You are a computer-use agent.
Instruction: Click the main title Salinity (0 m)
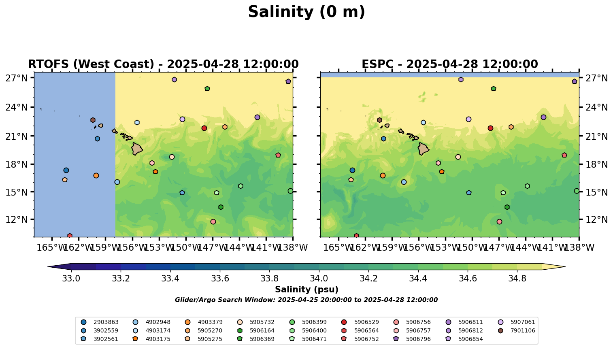click(x=306, y=12)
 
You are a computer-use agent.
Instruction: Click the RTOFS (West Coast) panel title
click(x=163, y=64)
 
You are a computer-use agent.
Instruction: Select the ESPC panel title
click(x=449, y=64)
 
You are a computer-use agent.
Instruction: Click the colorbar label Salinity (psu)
click(x=306, y=290)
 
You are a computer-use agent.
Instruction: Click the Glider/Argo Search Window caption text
click(x=306, y=300)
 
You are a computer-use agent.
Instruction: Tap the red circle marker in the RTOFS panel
click(x=204, y=128)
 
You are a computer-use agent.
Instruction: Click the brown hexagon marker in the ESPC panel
click(x=379, y=120)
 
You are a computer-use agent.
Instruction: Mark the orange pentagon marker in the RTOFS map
click(x=155, y=172)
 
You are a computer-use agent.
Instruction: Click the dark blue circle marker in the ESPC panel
click(x=352, y=170)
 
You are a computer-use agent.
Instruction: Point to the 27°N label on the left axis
click(x=16, y=78)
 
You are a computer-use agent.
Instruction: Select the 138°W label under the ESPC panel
click(x=578, y=247)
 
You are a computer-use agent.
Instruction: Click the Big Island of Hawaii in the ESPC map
click(x=423, y=149)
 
